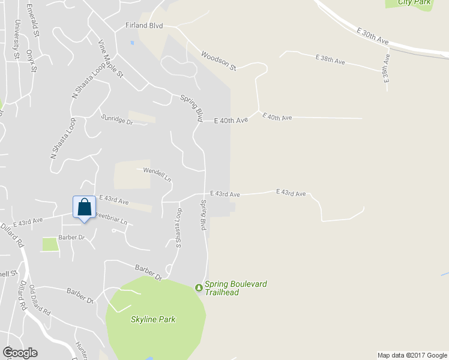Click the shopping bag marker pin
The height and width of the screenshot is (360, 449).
[84, 208]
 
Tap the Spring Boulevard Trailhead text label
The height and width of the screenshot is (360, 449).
[231, 288]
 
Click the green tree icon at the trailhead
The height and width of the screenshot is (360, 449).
[199, 288]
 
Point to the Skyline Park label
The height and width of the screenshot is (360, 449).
[153, 319]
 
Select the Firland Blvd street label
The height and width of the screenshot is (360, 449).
[144, 26]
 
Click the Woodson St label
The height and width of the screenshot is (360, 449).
[218, 61]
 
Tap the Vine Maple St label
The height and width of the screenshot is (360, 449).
[111, 59]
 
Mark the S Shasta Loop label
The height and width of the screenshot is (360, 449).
[178, 229]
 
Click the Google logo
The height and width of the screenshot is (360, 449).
[20, 353]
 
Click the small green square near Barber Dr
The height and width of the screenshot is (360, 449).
[50, 244]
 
